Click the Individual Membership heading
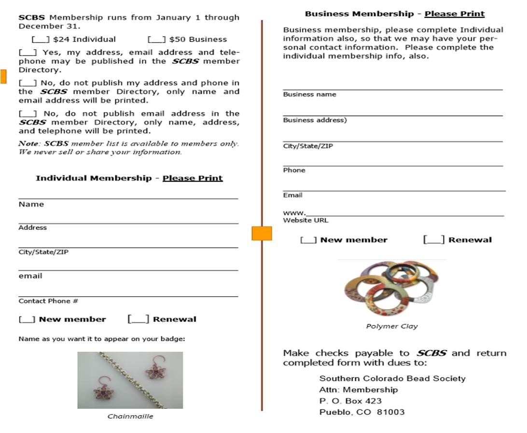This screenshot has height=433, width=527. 129,178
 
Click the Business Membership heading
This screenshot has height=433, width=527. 394,14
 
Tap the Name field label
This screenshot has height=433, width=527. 31,204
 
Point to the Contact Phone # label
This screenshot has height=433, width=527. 48,301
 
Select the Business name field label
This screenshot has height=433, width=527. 309,94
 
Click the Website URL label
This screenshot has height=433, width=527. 305,220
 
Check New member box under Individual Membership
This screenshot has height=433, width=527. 27,319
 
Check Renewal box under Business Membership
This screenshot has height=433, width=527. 434,240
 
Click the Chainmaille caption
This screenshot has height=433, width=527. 130,416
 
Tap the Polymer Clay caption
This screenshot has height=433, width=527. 392,326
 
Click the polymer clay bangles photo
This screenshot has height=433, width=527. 391,289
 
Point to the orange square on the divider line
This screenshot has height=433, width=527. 262,233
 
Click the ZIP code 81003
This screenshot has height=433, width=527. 391,412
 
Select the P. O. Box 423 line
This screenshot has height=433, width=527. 350,401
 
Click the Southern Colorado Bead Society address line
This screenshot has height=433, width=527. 392,378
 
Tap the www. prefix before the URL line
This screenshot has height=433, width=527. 293,212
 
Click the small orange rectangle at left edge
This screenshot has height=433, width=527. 3,76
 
